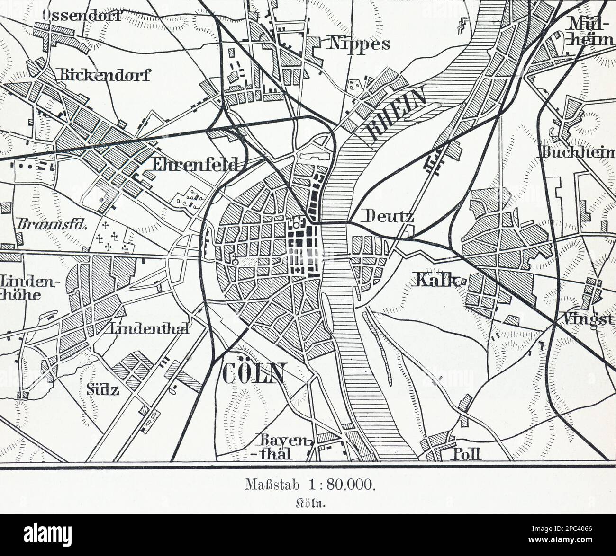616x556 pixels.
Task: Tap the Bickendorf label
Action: click(x=104, y=75)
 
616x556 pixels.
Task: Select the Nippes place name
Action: click(x=358, y=44)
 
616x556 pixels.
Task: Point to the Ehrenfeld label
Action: click(x=195, y=164)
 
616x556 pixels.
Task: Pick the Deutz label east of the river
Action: click(x=387, y=216)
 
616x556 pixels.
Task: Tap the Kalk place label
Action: click(x=437, y=280)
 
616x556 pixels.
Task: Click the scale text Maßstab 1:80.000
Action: click(x=310, y=485)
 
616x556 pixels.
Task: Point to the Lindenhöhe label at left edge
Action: click(x=29, y=289)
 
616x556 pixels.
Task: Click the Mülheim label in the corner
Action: click(x=590, y=31)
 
